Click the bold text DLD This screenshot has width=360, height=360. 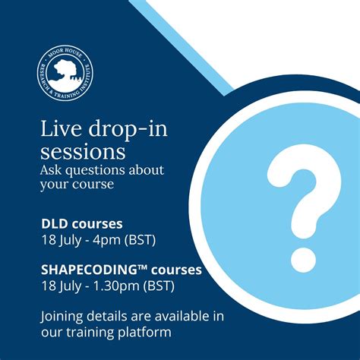pyautogui.click(x=55, y=225)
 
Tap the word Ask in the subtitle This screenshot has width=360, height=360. pyautogui.click(x=51, y=169)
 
